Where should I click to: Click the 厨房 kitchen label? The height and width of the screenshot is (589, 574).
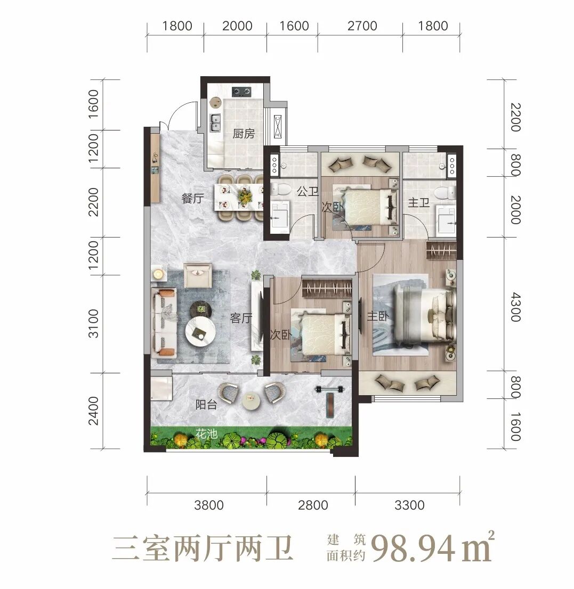coord(243,133)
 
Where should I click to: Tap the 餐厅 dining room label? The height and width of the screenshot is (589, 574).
coord(192,198)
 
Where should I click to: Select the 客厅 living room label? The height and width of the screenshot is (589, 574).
coord(241,318)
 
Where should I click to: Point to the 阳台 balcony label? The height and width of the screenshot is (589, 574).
coord(206,405)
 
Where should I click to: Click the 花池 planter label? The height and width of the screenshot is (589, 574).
coord(206,434)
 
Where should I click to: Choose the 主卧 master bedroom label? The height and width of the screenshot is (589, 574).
coord(378,316)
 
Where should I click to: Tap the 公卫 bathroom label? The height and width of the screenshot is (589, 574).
coord(308,191)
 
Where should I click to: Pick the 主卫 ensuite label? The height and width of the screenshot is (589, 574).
coord(419,203)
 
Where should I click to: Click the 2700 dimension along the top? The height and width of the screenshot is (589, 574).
coord(362,26)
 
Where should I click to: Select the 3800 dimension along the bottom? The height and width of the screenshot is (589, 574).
coord(208,505)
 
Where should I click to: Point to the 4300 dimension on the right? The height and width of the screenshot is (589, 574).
coord(516,308)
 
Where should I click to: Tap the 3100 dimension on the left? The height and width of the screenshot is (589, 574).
coord(93,323)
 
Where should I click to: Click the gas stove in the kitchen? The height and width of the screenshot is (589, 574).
coord(241,91)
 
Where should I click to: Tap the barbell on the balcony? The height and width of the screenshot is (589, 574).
coord(330,389)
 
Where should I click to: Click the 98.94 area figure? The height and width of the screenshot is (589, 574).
coord(414,550)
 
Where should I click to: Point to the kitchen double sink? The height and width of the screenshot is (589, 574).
coord(215,122)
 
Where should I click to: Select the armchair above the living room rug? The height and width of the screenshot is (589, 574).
coord(198,275)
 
